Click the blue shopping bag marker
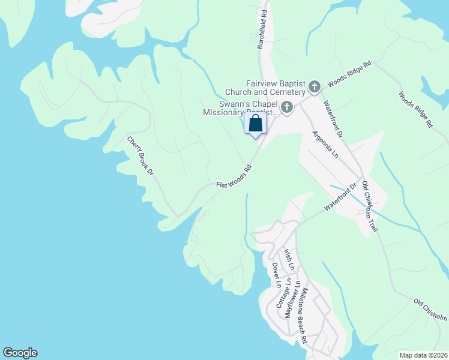pyautogui.click(x=255, y=125)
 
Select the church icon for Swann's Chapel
pyautogui.click(x=287, y=108)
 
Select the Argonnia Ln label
pyautogui.click(x=326, y=145)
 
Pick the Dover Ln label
pyautogui.click(x=276, y=275)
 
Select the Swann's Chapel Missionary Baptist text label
pyautogui.click(x=241, y=107)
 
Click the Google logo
pyautogui.click(x=20, y=353)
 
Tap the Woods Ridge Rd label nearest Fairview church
pyautogui.click(x=349, y=73)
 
